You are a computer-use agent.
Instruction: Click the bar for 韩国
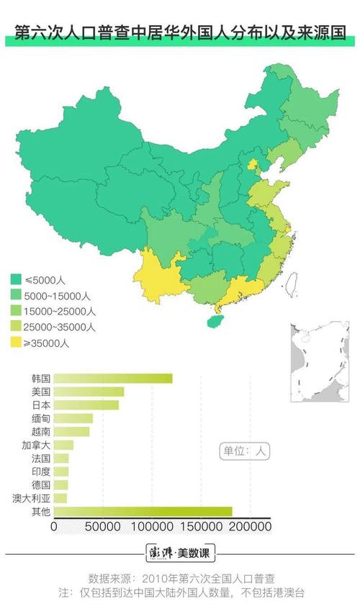point(113,379)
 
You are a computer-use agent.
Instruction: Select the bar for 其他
point(143,512)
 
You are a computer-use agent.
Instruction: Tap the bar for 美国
point(89,392)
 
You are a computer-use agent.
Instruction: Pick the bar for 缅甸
point(73,418)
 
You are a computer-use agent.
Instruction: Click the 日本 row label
point(41,405)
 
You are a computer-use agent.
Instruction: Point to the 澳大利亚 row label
point(31,498)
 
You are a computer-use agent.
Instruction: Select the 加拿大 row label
point(36,445)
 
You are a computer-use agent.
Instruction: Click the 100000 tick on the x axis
point(153,527)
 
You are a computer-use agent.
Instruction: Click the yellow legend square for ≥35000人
point(15,343)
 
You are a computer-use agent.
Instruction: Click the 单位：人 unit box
point(244,451)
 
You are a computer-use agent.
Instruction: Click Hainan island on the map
point(215,317)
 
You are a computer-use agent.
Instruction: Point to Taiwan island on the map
point(292,283)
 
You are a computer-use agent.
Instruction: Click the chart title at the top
point(180,33)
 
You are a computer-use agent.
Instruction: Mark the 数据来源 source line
point(180,578)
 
